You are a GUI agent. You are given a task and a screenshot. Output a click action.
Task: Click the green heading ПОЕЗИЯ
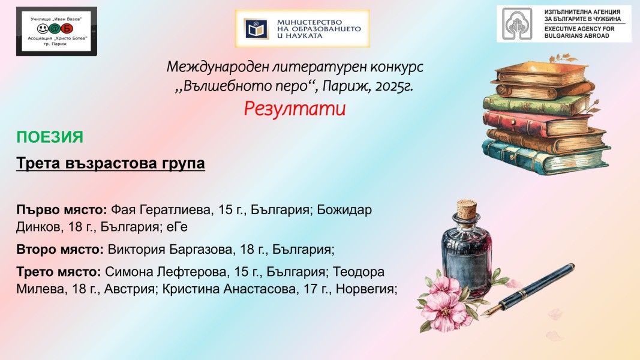click(50, 137)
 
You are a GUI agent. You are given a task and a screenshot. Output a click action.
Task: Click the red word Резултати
click(295, 109)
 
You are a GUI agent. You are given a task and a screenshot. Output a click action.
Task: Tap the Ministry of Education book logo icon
click(256, 29)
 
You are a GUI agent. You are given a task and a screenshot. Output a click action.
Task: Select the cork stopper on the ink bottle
click(467, 208)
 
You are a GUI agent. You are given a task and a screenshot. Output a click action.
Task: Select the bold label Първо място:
click(62, 210)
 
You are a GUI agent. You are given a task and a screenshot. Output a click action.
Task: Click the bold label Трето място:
click(59, 271)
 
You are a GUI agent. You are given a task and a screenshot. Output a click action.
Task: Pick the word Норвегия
click(366, 289)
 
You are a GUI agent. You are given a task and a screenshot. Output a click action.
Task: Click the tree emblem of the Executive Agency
click(517, 23)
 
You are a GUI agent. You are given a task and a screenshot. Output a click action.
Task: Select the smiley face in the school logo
click(43, 29)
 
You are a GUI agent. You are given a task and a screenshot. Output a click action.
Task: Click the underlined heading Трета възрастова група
click(110, 163)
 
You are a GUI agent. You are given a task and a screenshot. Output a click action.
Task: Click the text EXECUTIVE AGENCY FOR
click(579, 29)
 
